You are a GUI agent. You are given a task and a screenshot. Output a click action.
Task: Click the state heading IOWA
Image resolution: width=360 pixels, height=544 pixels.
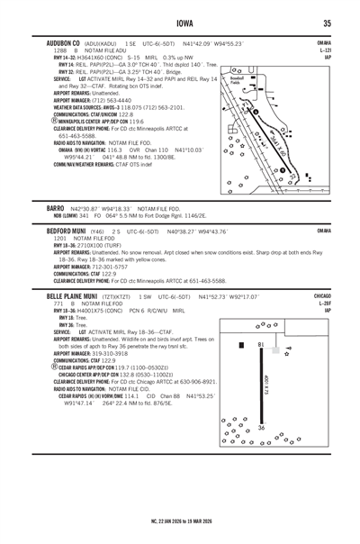click(179, 24)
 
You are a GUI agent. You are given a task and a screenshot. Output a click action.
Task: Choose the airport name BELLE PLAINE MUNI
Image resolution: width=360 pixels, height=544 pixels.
click(73, 294)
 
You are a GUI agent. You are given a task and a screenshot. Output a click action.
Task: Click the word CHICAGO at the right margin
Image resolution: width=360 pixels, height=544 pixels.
click(322, 294)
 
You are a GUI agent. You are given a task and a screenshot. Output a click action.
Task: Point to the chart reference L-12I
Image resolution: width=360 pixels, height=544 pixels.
click(325, 51)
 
